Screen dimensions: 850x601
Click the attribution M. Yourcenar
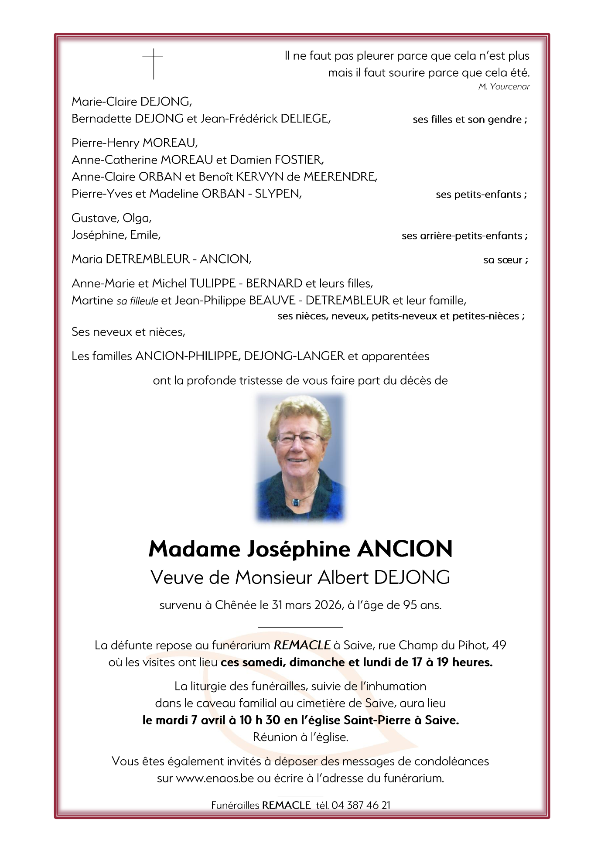[x=504, y=87]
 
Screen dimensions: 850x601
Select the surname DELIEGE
[x=305, y=119]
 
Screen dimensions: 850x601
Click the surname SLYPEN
[x=278, y=194]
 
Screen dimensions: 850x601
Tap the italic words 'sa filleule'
[x=137, y=301]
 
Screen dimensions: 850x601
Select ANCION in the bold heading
[x=405, y=549]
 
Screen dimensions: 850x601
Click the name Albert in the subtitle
[x=344, y=577]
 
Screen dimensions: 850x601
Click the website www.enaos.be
[x=215, y=778]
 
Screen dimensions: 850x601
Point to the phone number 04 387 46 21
[x=361, y=805]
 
